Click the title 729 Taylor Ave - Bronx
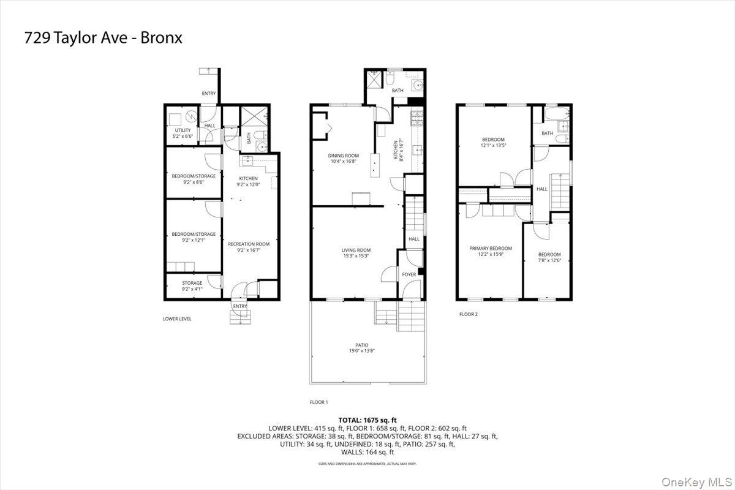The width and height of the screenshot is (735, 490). (x=103, y=38)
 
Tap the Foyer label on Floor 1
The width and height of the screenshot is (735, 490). (x=409, y=274)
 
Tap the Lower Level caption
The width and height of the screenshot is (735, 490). (x=177, y=318)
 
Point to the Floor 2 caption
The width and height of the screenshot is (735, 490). (x=469, y=314)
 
